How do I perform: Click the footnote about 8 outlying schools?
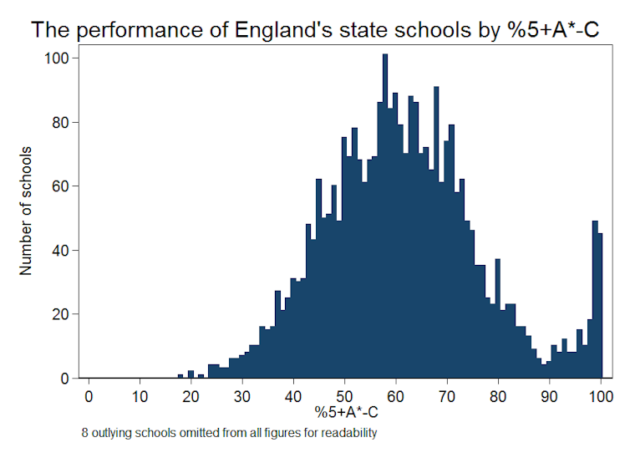point(229,433)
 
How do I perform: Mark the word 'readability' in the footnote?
point(350,433)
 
